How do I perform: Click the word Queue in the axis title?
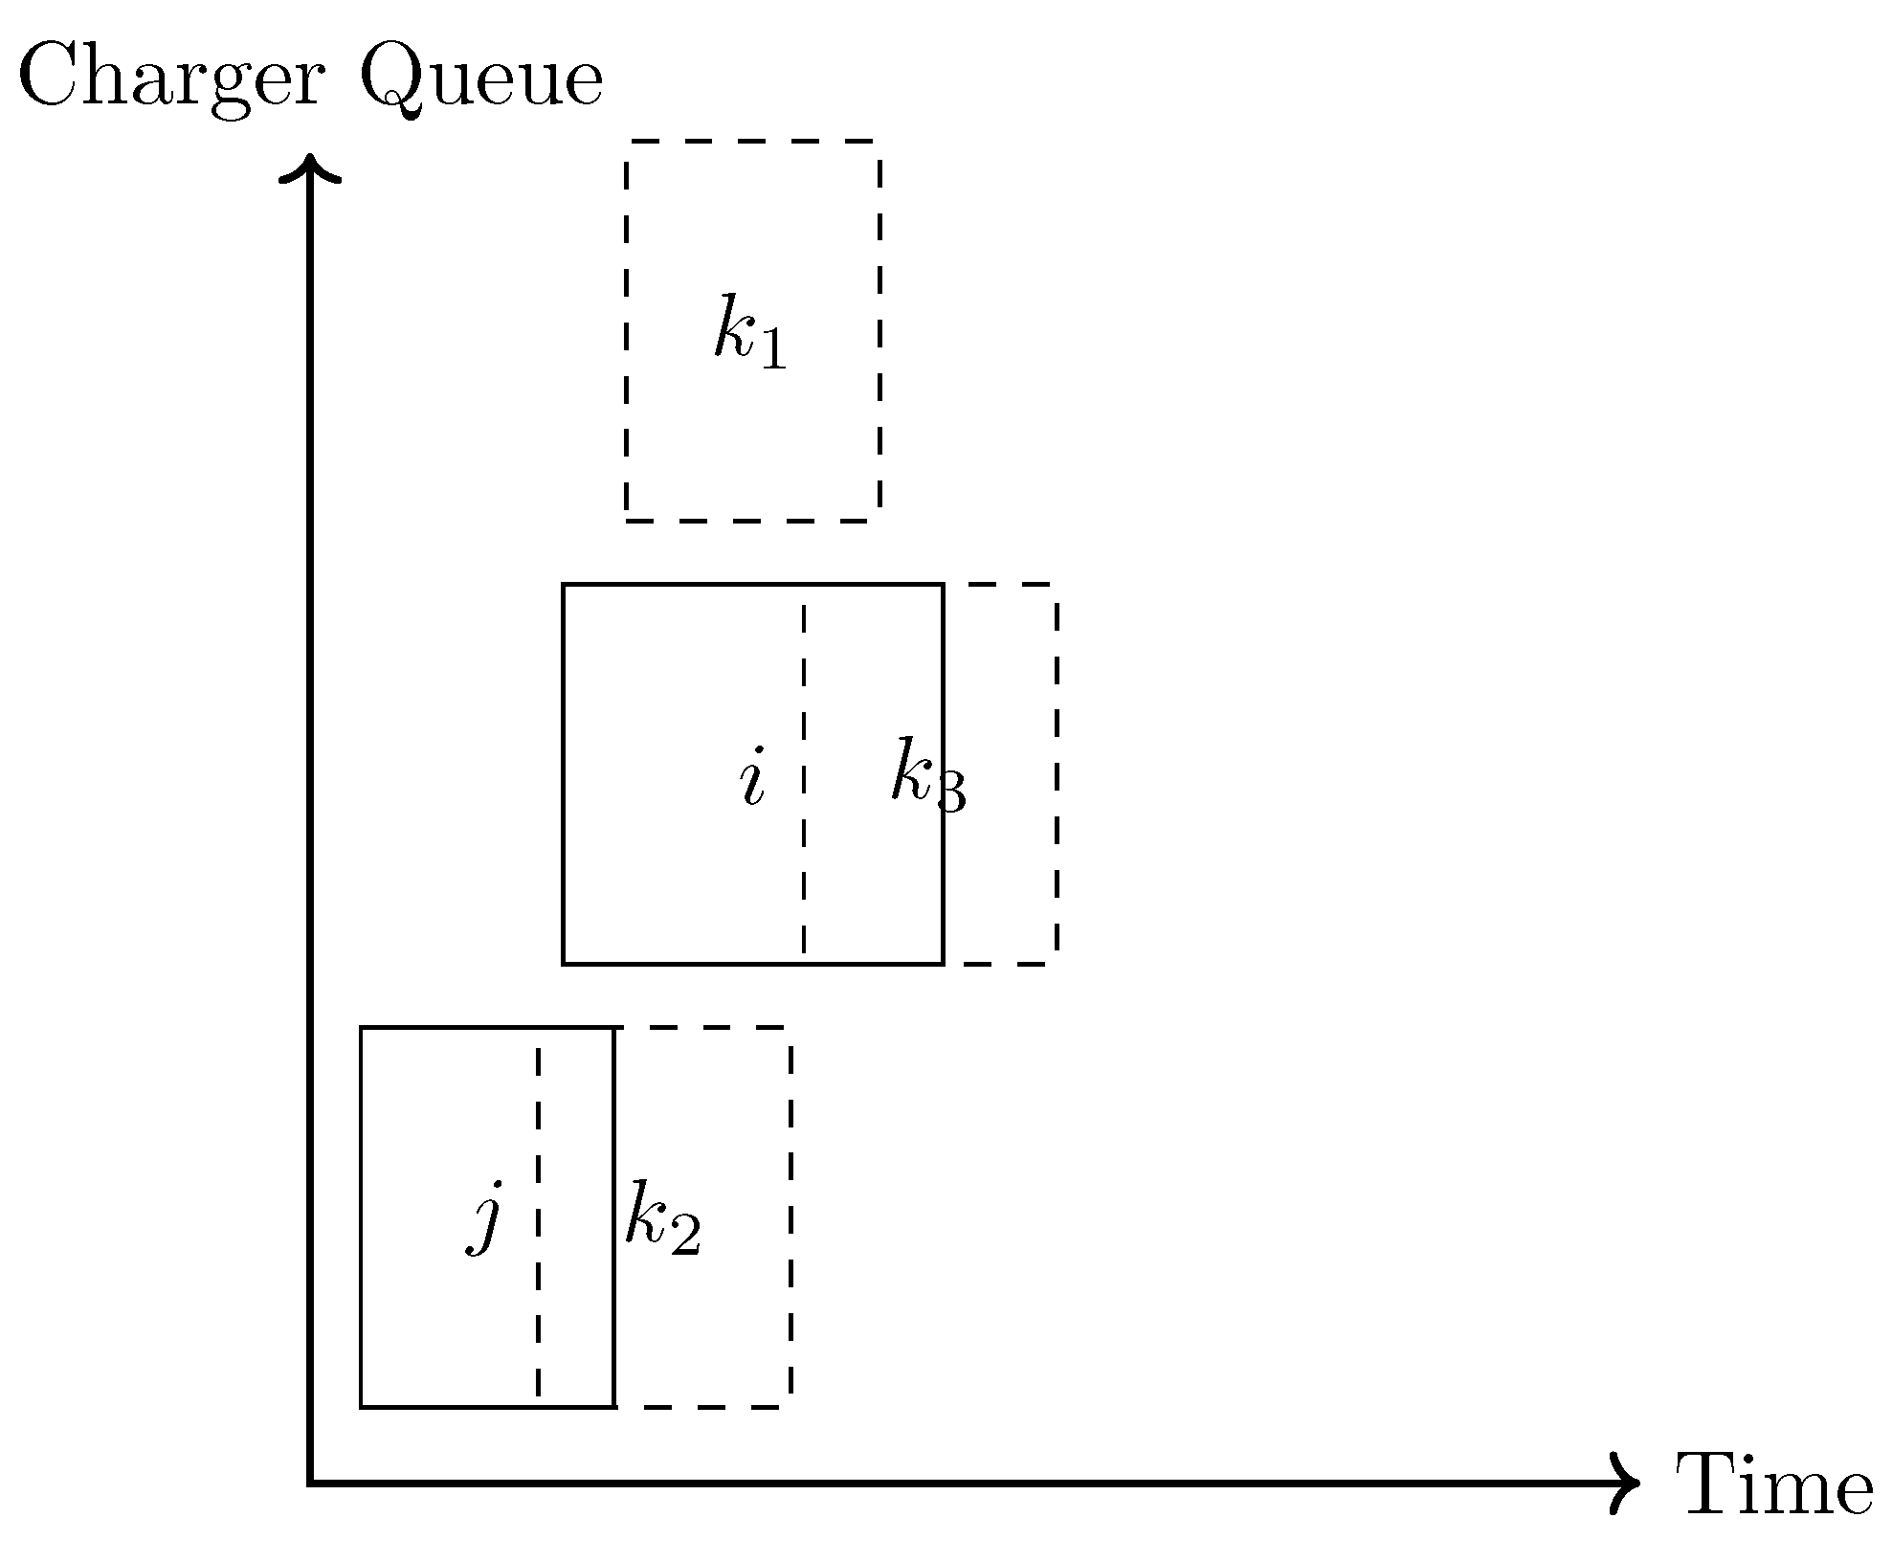click(x=481, y=81)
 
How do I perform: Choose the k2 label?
click(x=662, y=1225)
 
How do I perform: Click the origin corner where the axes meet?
click(x=310, y=1484)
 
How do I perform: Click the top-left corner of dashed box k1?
click(x=627, y=141)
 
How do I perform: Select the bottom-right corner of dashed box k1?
click(x=879, y=521)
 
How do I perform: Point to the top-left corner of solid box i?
click(x=564, y=584)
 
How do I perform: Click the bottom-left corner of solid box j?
click(x=361, y=1407)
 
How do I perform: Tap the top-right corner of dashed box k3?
click(x=1057, y=584)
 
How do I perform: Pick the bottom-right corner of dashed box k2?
click(x=790, y=1407)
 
